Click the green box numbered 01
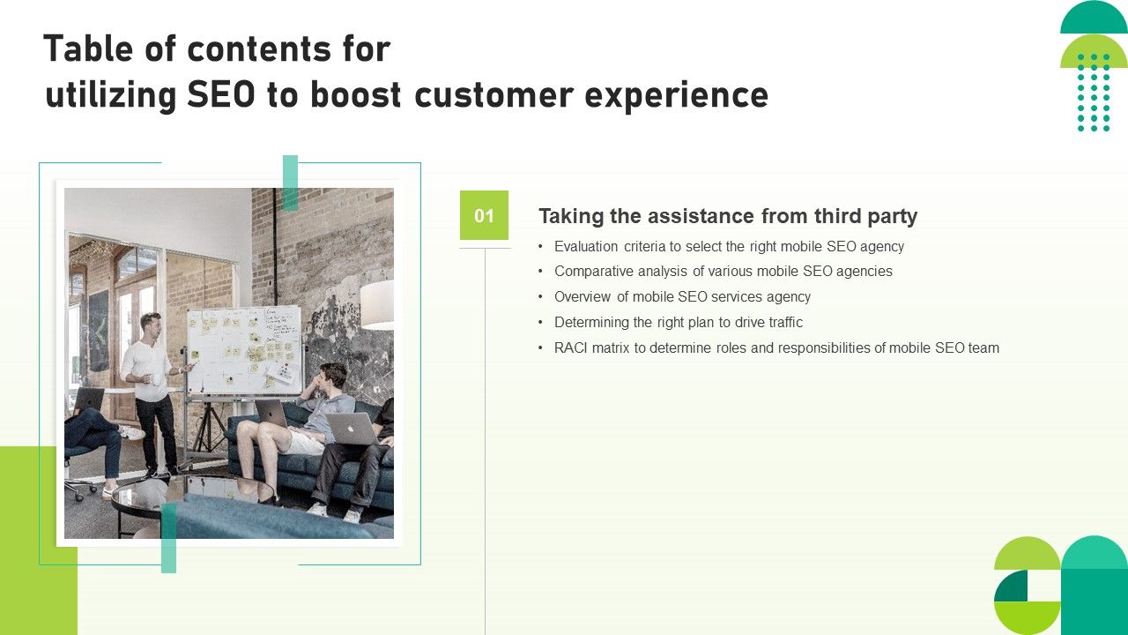point(484,215)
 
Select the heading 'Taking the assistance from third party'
point(728,216)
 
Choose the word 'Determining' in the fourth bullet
point(591,323)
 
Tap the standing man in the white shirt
point(151,388)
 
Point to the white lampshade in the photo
point(376,305)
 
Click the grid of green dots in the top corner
point(1094,93)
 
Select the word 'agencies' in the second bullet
point(863,272)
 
